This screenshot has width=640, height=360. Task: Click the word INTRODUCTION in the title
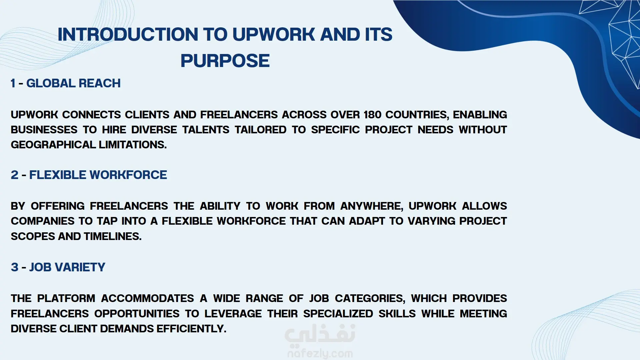pos(128,34)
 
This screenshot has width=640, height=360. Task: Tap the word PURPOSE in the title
pos(225,61)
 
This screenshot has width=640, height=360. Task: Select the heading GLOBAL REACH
pos(73,83)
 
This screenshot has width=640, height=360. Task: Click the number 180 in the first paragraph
pos(372,115)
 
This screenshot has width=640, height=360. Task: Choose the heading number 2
pos(15,175)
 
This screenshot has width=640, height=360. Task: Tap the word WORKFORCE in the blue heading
pos(128,175)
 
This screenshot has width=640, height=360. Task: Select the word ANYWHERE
pos(372,206)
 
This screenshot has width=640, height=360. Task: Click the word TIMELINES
pos(113,236)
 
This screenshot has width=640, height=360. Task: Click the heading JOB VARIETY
pos(67,267)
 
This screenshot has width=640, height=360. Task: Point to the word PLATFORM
pos(66,298)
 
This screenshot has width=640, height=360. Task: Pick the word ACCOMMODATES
pos(148,298)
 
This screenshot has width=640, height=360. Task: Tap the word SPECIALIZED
pos(338,314)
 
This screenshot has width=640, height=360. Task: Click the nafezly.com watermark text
pos(320,353)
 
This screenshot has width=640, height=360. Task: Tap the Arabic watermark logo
pos(320,334)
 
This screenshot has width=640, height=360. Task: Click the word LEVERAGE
pos(233,314)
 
